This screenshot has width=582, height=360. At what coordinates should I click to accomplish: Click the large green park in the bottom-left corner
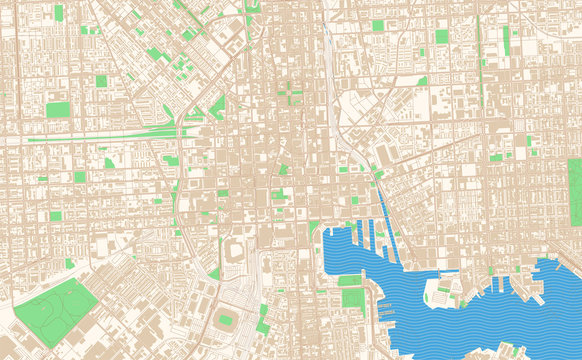pos(55,305)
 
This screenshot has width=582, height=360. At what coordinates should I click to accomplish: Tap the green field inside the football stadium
pos(226,320)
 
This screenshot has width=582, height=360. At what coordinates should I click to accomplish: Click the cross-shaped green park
pos(291,93)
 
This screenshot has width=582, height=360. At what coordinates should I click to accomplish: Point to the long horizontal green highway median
pos(100,138)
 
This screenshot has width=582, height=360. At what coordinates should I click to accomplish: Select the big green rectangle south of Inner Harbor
pos(351,297)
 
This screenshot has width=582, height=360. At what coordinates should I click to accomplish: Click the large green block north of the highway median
pos(58,110)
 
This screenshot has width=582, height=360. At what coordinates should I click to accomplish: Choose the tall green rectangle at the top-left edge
pos(58,13)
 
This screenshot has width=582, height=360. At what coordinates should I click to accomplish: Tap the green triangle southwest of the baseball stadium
pos(214,272)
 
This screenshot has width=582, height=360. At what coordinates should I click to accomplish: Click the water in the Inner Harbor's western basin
pos(340,255)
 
